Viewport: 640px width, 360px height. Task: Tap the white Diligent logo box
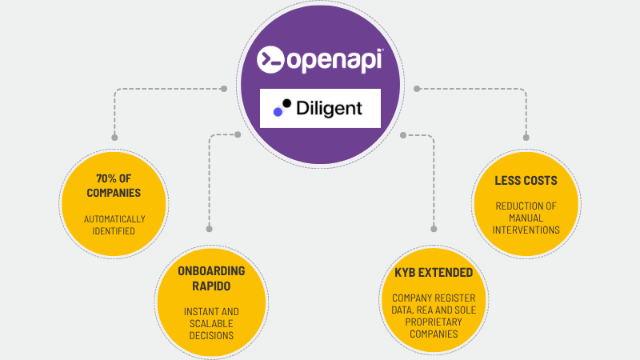tap(320, 108)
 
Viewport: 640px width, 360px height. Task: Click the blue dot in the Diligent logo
tap(278, 113)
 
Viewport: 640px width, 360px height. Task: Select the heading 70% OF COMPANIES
tap(114, 187)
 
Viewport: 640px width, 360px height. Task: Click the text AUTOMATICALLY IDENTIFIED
tap(114, 225)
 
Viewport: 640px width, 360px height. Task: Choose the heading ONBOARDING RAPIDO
tap(211, 278)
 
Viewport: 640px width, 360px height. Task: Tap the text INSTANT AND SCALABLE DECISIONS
tap(211, 323)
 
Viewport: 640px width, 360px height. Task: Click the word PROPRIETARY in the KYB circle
tap(434, 321)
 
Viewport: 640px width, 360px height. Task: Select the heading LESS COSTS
tap(526, 181)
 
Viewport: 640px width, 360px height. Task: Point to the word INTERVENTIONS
tap(526, 230)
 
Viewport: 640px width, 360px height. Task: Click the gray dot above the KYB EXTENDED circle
tap(434, 227)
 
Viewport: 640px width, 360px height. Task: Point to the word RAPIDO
tap(211, 285)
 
